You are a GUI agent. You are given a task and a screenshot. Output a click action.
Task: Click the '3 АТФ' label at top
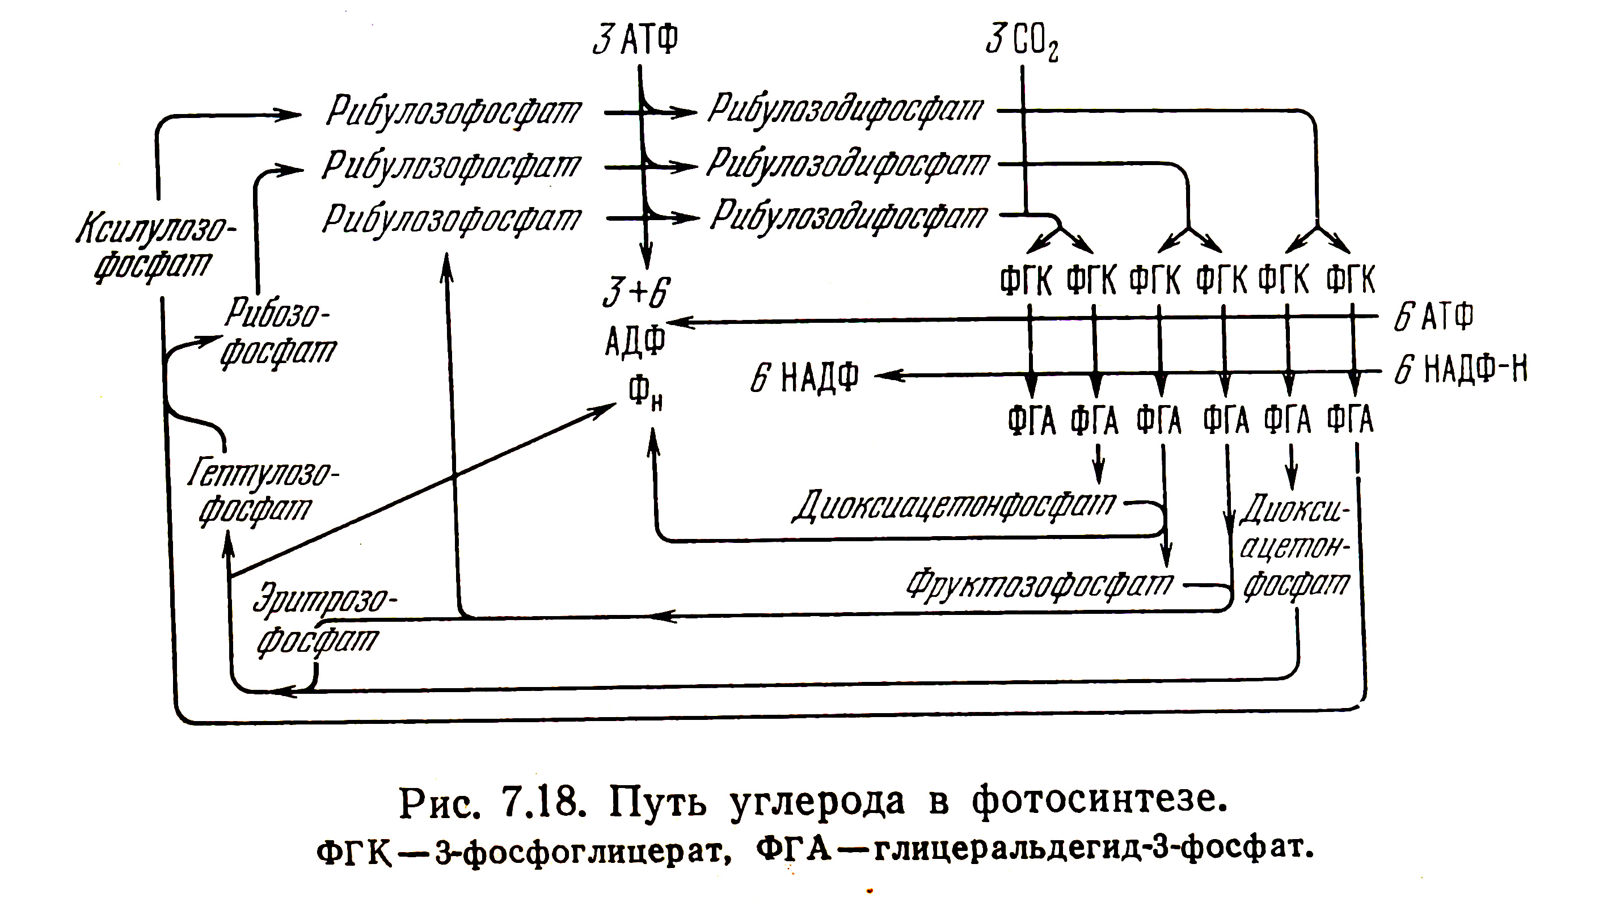point(635,40)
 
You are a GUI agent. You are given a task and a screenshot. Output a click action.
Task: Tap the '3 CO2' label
point(1022,41)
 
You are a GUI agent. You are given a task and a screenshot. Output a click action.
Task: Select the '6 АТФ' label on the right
point(1433,317)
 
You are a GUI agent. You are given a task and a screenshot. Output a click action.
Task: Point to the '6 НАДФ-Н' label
point(1460,369)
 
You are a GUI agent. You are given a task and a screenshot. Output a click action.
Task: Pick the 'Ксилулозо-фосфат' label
point(155,247)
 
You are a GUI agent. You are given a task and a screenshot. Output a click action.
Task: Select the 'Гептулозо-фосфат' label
point(263,491)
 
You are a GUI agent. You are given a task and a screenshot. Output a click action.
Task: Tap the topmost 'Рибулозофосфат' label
point(453,112)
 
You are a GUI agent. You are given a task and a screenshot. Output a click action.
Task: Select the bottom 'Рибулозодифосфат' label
point(849,217)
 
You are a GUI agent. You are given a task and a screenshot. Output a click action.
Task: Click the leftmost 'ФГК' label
point(1026,280)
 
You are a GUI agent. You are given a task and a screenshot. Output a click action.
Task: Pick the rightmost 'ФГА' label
point(1350,420)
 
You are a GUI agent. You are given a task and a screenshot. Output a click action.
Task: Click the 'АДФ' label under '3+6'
point(635,342)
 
